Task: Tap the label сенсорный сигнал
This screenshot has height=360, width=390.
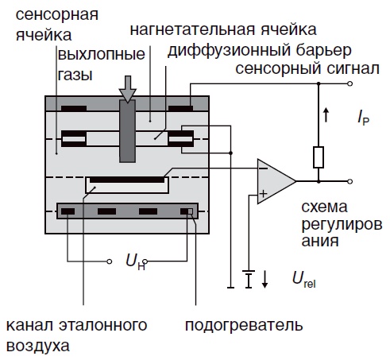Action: click(307, 69)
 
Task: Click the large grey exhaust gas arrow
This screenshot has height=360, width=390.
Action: click(128, 89)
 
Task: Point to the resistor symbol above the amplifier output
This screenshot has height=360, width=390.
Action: click(319, 157)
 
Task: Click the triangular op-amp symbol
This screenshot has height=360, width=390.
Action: click(276, 181)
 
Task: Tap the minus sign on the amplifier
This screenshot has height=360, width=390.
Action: click(263, 168)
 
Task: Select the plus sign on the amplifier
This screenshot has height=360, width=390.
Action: click(263, 194)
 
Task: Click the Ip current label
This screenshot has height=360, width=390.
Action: click(363, 118)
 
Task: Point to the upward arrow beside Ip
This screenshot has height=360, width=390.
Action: click(326, 115)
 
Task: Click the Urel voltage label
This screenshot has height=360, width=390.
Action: click(304, 281)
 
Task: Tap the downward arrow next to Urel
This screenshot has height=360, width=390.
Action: click(265, 280)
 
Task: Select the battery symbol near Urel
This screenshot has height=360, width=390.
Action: click(249, 279)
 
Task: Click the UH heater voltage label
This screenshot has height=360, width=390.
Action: click(135, 263)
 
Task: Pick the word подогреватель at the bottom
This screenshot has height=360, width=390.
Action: click(244, 326)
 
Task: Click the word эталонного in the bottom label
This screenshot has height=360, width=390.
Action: click(103, 325)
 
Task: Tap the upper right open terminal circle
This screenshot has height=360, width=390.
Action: click(350, 83)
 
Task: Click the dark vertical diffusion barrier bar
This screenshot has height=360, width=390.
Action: click(127, 131)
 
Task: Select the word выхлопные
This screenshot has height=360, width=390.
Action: click(102, 54)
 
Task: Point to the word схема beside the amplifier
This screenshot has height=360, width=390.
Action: click(324, 207)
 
